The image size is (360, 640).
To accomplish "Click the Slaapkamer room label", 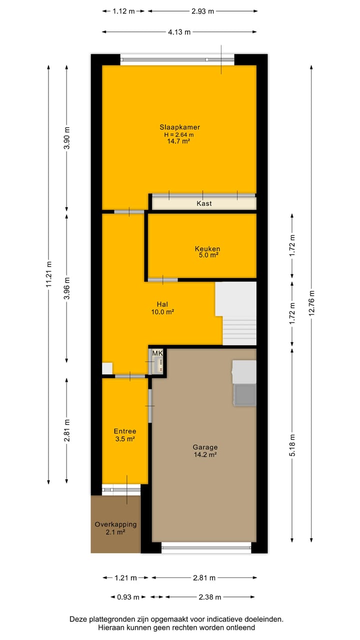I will point(179,127).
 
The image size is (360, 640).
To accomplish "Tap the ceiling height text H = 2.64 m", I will point(179,134).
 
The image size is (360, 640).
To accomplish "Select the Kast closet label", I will point(204,203).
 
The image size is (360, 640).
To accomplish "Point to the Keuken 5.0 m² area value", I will point(207,255).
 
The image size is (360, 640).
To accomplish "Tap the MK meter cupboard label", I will point(157,354).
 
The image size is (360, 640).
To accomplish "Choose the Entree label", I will point(125,431).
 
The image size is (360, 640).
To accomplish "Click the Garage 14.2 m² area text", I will point(205,455).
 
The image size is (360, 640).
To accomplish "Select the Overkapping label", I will point(115,524).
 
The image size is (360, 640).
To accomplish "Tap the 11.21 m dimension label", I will point(48,274).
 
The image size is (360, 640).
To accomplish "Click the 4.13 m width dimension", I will point(179,32).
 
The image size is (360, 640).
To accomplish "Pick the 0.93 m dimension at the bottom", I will point(128,597).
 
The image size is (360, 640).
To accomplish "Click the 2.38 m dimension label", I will point(210,597).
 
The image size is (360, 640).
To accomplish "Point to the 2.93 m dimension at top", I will point(203,10).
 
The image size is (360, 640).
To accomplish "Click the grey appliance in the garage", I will point(244,394).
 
